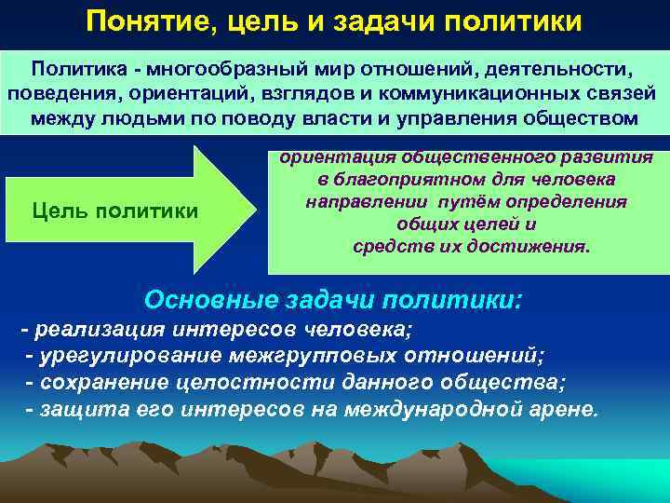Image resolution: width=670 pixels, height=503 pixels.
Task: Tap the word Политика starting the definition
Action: pos(72,69)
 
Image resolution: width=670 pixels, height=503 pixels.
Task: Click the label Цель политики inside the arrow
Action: pos(114,211)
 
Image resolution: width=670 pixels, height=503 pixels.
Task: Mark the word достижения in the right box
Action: pos(534,247)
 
